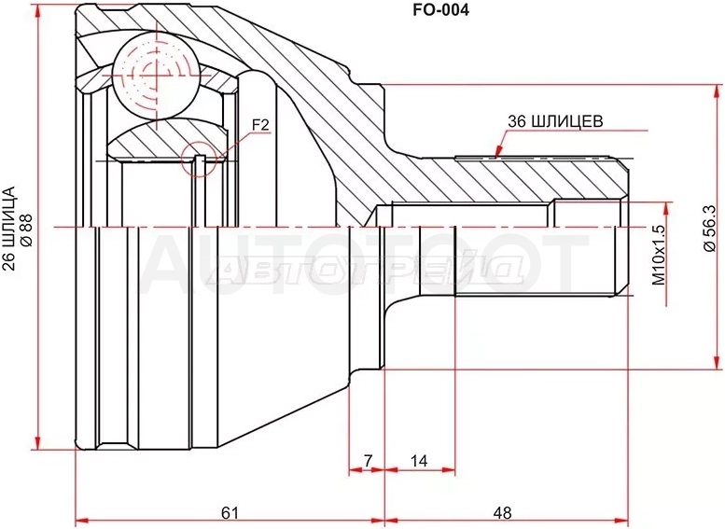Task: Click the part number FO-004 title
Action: (x=440, y=9)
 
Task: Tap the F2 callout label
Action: (x=260, y=125)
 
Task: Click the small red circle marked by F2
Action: (x=199, y=159)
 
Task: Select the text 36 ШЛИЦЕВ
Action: (x=555, y=121)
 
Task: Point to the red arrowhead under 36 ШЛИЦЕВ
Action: (x=498, y=152)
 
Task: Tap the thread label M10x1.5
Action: (x=658, y=255)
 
